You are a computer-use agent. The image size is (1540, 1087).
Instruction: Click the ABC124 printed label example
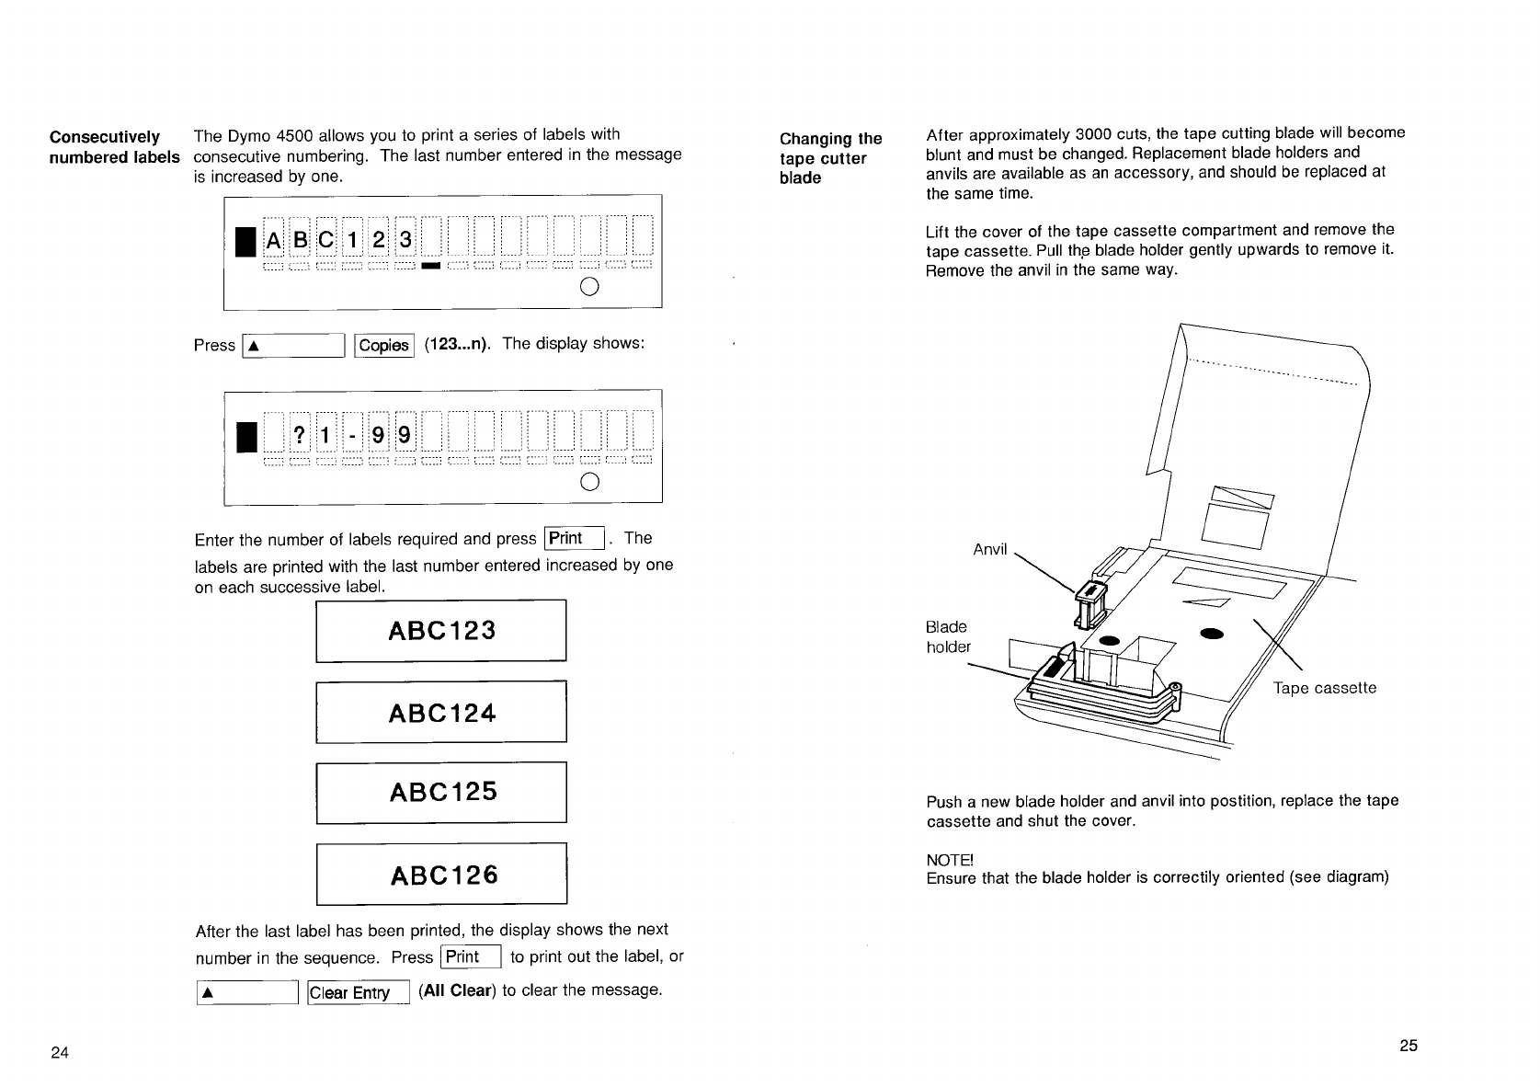441,712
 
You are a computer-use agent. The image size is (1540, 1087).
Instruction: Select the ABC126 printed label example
442,874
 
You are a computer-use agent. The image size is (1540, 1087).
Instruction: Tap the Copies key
383,345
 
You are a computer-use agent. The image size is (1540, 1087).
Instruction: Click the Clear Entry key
357,992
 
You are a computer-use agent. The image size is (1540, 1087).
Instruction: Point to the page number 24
60,1053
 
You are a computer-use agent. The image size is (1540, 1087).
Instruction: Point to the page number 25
1409,1046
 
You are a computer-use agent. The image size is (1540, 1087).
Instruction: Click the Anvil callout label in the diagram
990,550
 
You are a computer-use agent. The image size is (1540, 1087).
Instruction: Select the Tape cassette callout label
1324,688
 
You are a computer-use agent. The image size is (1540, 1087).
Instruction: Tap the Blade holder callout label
948,636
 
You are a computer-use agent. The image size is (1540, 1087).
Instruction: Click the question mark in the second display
299,433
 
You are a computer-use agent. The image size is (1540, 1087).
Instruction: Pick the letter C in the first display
325,241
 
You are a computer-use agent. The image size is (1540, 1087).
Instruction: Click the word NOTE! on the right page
949,860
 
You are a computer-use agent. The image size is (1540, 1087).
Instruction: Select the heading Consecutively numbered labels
113,147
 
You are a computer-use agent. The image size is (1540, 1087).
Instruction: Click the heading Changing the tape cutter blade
829,158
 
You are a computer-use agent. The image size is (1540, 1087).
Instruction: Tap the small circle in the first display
590,286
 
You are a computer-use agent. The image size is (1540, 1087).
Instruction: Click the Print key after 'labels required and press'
573,539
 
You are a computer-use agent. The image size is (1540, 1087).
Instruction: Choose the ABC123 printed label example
441,630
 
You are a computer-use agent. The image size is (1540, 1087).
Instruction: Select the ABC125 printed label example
442,792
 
